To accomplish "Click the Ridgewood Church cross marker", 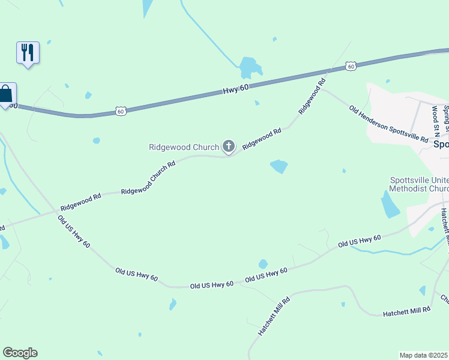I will [x=228, y=146].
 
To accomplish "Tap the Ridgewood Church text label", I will [x=184, y=147].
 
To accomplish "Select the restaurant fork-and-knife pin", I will [x=28, y=52].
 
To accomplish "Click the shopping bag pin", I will [x=6, y=94].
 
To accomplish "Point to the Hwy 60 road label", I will [x=235, y=89].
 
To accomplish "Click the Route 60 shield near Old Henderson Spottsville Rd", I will [x=351, y=66].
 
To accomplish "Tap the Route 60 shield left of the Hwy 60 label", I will [x=121, y=111].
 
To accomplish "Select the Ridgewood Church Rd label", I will [x=148, y=177].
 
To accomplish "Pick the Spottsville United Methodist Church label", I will [x=419, y=184].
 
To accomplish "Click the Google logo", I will [x=20, y=353].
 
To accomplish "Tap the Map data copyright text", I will [x=423, y=355].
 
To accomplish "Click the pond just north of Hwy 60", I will [x=247, y=67].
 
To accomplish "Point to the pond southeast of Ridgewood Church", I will [x=279, y=166].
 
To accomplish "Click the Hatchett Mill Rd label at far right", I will [x=408, y=311].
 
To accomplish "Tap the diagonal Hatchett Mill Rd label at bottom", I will [x=274, y=316].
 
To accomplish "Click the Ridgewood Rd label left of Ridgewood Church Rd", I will [x=80, y=202].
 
